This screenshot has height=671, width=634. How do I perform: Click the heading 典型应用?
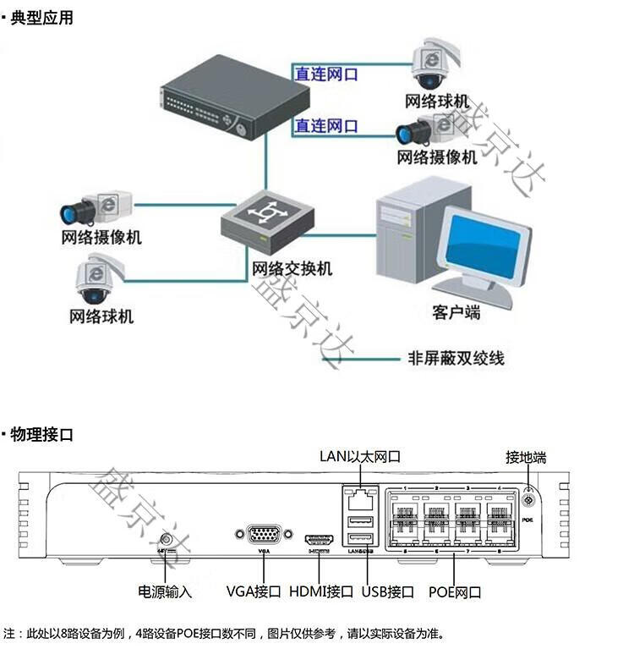click(41, 18)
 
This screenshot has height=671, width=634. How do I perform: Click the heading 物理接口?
click(41, 436)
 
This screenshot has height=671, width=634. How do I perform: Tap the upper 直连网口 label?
click(325, 74)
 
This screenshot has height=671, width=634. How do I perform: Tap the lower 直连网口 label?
click(325, 127)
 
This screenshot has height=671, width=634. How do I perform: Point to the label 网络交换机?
click(292, 269)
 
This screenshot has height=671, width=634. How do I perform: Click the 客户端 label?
click(456, 313)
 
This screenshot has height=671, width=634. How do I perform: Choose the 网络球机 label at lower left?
click(101, 317)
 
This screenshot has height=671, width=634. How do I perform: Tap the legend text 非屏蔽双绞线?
click(456, 358)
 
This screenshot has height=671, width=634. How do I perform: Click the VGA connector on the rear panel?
click(264, 536)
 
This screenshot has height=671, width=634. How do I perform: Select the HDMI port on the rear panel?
click(320, 538)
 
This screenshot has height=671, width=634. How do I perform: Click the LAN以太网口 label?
click(359, 457)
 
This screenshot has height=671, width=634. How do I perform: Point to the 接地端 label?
click(526, 458)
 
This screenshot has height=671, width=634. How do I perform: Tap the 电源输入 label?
click(165, 591)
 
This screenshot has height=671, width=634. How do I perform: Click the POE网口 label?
click(455, 591)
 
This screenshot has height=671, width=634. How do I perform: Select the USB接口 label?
click(387, 591)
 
